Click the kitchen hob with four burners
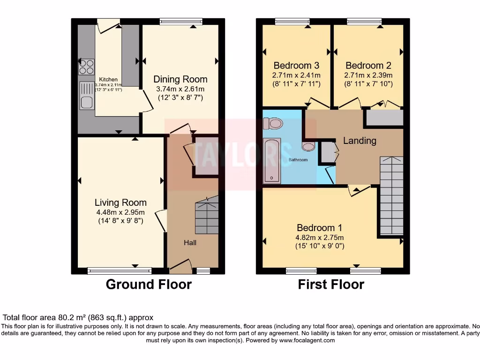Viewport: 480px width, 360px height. tap(86, 67)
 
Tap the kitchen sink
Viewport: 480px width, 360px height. tap(87, 96)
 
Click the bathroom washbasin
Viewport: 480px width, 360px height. tap(308, 147)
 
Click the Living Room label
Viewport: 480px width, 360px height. tap(120, 202)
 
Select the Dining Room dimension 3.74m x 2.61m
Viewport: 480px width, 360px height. tap(180, 89)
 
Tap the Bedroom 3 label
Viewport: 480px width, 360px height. tap(296, 66)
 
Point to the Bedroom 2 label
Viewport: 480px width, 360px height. tap(368, 66)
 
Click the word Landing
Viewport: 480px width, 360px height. tap(360, 141)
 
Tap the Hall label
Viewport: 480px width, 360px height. tap(190, 243)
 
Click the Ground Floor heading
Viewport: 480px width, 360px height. tap(149, 285)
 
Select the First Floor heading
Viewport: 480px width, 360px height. tap(331, 285)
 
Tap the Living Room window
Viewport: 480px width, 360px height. tap(120, 270)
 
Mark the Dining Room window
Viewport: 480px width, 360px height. tap(181, 21)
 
